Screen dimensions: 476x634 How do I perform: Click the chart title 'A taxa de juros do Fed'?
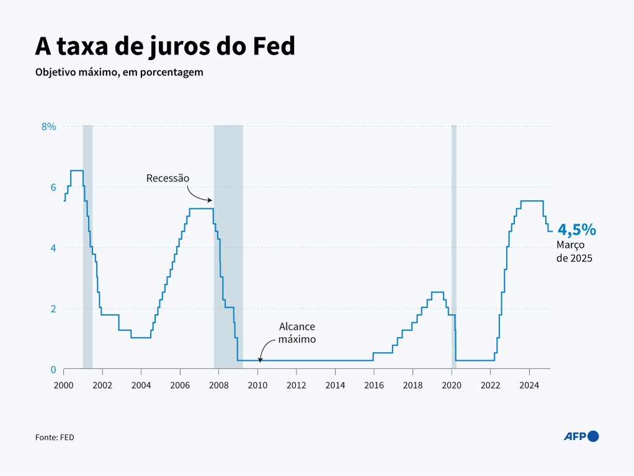tap(164, 46)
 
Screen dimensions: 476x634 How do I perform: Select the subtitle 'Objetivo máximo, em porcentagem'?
tap(119, 73)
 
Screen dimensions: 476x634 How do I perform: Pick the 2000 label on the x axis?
tap(63, 385)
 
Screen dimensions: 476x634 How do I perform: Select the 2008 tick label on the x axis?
tap(218, 385)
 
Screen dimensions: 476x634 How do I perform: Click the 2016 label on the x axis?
tap(374, 385)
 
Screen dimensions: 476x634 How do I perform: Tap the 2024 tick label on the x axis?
tap(529, 385)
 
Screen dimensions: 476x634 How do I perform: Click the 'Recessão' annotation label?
tap(167, 178)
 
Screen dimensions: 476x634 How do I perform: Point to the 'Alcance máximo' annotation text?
tap(297, 333)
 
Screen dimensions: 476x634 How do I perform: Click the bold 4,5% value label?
tap(576, 230)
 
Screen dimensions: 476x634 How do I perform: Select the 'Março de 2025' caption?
tap(574, 252)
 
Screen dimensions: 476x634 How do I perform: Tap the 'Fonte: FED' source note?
tap(55, 437)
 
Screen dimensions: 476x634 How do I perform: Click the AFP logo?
tap(581, 436)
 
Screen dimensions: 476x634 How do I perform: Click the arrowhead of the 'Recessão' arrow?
tap(211, 200)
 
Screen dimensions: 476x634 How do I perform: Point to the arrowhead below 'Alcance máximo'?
tap(260, 359)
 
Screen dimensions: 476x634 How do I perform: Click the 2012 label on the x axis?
tap(297, 385)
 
